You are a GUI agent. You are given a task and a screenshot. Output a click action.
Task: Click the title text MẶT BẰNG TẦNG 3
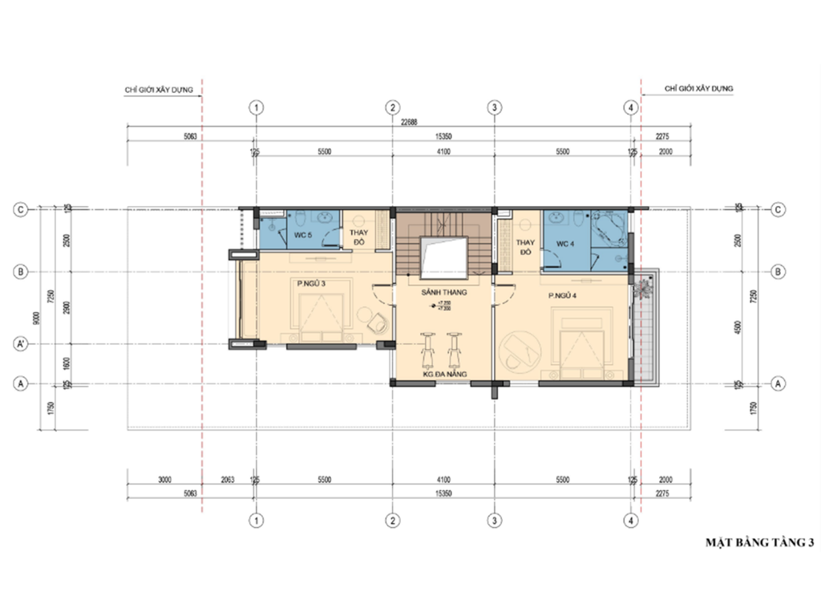click(758, 543)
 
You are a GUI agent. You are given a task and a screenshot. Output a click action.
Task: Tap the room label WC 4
click(566, 242)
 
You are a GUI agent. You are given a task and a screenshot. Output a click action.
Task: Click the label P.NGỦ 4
click(564, 296)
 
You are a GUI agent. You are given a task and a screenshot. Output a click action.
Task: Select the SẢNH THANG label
click(443, 294)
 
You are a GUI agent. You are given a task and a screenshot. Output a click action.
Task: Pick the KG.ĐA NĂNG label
click(443, 373)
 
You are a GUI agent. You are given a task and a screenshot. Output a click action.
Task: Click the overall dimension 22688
click(409, 123)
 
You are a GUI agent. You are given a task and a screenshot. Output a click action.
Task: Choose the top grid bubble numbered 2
click(392, 107)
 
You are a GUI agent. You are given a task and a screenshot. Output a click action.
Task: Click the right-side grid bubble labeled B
click(776, 272)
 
